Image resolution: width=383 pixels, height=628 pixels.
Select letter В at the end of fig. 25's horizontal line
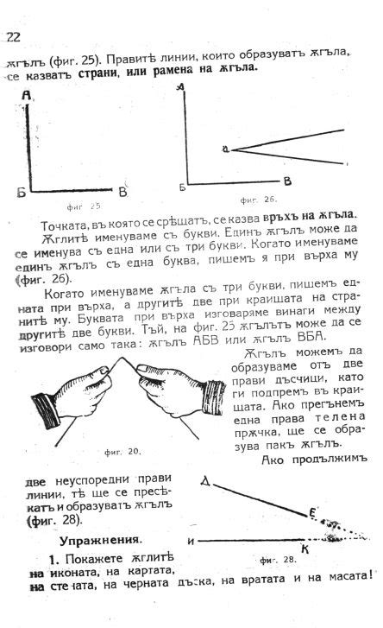[x=123, y=190]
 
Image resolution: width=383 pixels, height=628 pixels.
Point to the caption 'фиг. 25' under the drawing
[x=84, y=206]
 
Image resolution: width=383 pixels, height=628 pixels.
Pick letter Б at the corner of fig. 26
[x=183, y=187]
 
